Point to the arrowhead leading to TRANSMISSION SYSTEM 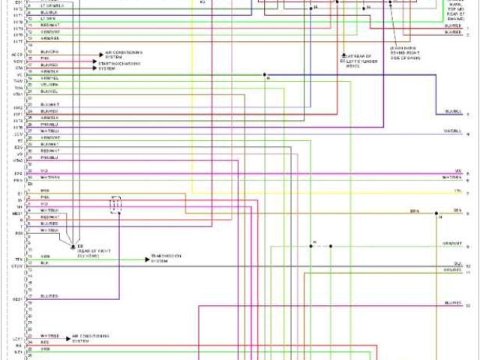click(148, 259)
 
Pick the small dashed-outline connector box click(115, 205)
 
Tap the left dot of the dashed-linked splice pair click(310, 246)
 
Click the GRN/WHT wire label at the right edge click(451, 244)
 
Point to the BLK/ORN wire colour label click(50, 52)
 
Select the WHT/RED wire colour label click(50, 335)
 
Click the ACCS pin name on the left click(17, 54)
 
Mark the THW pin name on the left click(18, 81)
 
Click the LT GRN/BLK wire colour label click(52, 5)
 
